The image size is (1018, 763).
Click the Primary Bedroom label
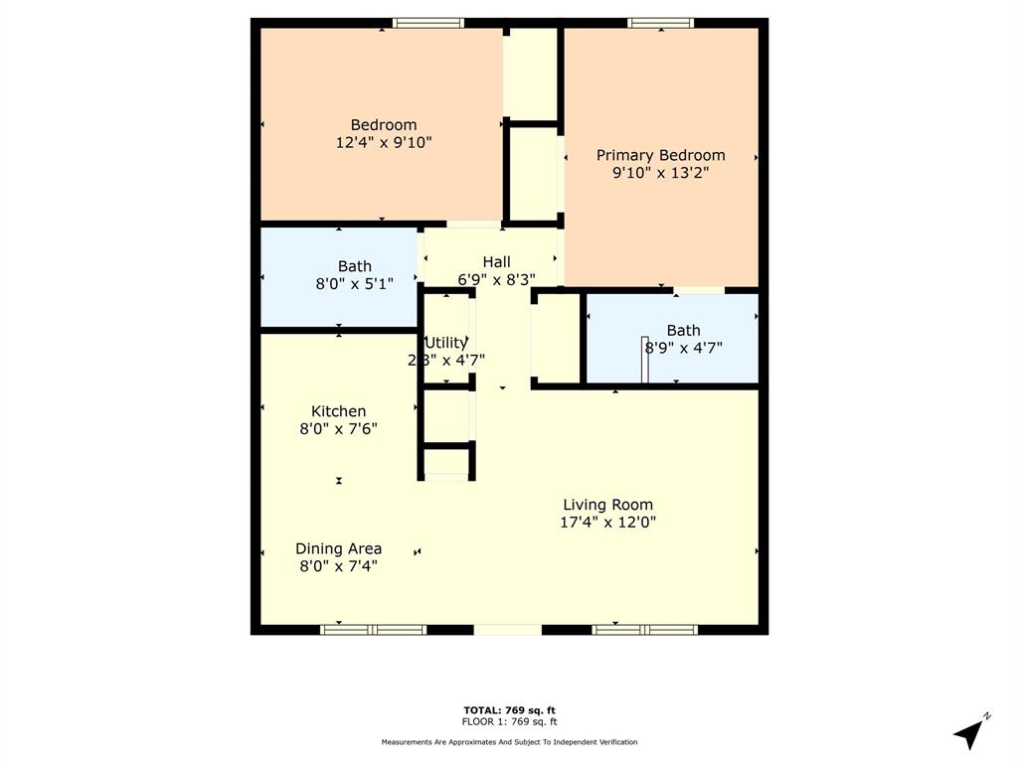[x=660, y=155]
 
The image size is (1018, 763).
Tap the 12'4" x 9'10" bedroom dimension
[x=384, y=142]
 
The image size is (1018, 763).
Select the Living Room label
[x=607, y=505]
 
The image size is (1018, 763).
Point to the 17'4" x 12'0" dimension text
[x=607, y=522]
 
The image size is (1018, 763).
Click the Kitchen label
[x=338, y=411]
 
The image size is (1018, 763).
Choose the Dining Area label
[x=338, y=548]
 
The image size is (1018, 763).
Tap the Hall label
[x=496, y=262]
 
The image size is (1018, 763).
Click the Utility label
[x=445, y=343]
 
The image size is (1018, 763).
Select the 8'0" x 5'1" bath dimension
[x=354, y=283]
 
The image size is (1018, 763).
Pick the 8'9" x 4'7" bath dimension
[x=683, y=348]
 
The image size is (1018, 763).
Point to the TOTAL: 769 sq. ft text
[x=509, y=710]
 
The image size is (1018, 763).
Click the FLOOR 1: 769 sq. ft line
[x=509, y=722]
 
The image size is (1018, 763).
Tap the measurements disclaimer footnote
[x=509, y=742]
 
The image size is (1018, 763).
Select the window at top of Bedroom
[x=427, y=23]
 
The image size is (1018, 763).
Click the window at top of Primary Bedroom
[x=660, y=23]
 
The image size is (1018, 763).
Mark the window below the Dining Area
[x=373, y=629]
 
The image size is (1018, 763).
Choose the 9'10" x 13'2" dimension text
[x=660, y=172]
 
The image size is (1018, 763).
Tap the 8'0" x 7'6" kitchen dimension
[x=338, y=429]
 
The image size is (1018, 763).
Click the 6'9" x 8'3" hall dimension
[x=496, y=279]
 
